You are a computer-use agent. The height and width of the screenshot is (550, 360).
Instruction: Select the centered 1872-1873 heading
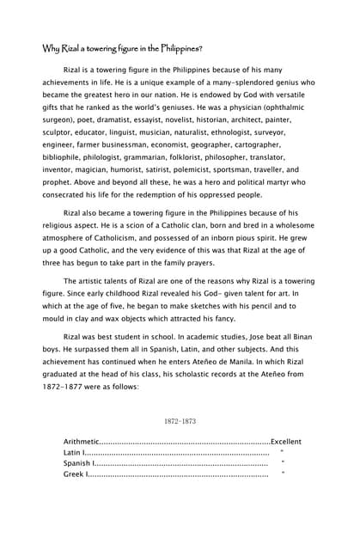[180, 422]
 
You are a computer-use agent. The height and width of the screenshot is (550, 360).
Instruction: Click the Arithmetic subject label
[82, 442]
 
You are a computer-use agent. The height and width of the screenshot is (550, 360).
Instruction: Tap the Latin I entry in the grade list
[75, 453]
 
